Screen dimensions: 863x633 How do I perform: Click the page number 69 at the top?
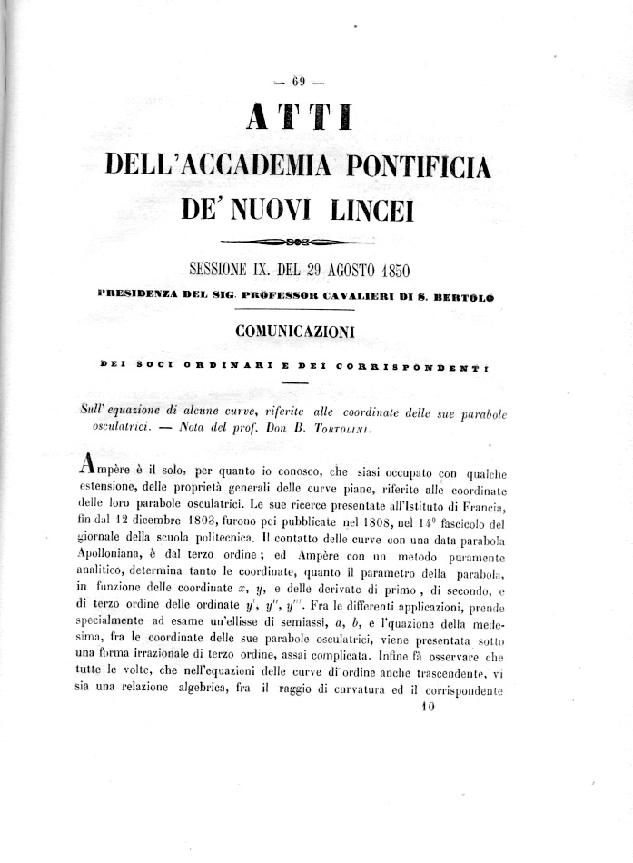pyautogui.click(x=297, y=84)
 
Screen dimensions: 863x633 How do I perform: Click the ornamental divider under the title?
pyautogui.click(x=298, y=243)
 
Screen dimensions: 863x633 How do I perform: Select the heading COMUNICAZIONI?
pyautogui.click(x=296, y=331)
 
